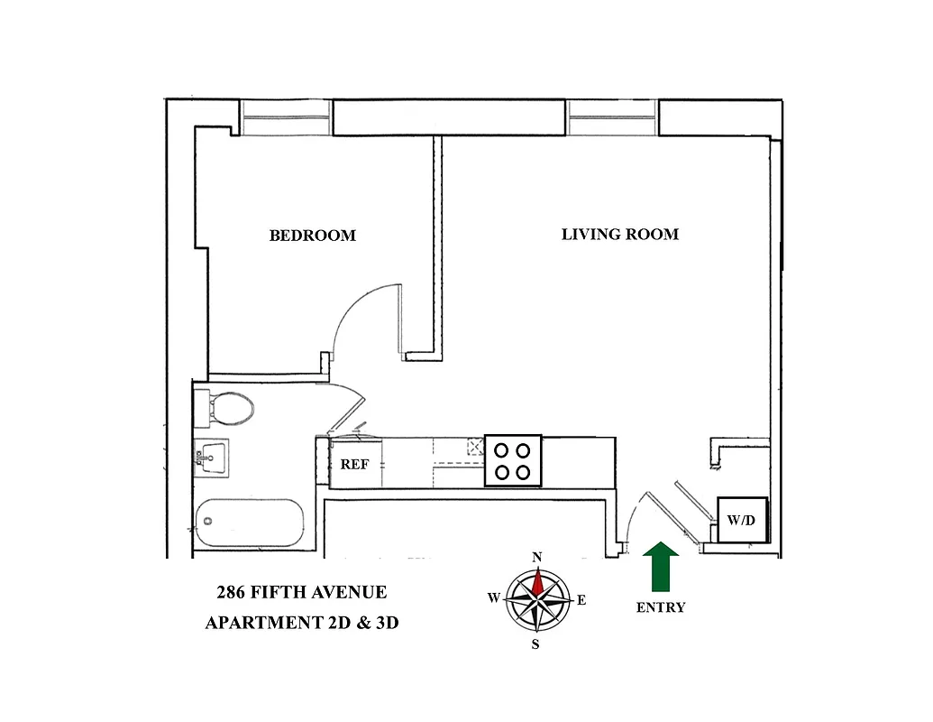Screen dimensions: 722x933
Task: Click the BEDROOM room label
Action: click(312, 236)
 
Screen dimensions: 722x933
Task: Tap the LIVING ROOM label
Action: click(619, 235)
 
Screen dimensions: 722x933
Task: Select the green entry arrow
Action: click(663, 567)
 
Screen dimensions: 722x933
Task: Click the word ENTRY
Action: click(661, 608)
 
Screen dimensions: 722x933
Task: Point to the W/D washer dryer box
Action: click(741, 520)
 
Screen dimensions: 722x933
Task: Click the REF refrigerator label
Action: click(353, 465)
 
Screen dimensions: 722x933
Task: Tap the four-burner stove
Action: click(513, 460)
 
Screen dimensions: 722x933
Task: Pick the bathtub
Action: click(248, 523)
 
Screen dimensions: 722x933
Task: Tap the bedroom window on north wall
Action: click(285, 118)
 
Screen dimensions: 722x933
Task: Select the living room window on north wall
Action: click(612, 118)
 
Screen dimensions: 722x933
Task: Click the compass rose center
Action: click(537, 599)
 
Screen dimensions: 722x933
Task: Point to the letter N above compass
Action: click(537, 558)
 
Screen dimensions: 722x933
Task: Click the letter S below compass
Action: click(535, 644)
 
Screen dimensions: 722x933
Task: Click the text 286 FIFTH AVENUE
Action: click(301, 593)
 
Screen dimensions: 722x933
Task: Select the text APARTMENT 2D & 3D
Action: click(301, 624)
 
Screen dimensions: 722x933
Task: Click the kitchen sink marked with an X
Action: click(474, 446)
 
